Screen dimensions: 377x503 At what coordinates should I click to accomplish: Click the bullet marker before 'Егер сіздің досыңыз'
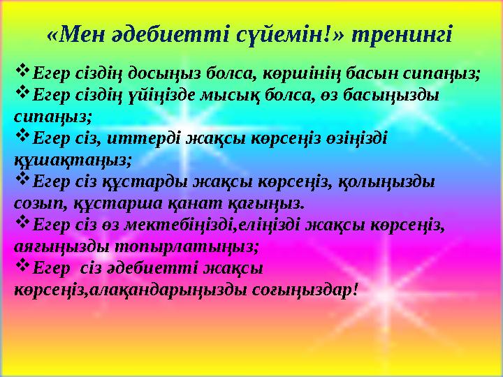pyautogui.click(x=22, y=71)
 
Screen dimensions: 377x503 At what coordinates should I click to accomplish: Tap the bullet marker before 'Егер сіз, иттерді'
pyautogui.click(x=22, y=136)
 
